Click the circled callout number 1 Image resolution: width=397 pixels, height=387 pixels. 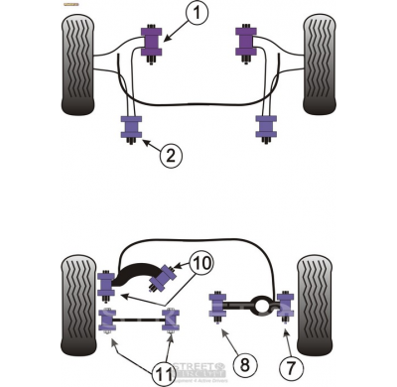pyautogui.click(x=198, y=14)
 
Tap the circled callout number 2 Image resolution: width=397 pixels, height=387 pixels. pyautogui.click(x=171, y=154)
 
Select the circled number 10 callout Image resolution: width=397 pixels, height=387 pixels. pyautogui.click(x=200, y=263)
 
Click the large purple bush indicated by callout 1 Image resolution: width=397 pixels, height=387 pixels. pyautogui.click(x=152, y=43)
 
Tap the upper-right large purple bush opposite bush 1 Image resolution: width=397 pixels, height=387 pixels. pyautogui.click(x=245, y=43)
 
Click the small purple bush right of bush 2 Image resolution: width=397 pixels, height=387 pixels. pyautogui.click(x=265, y=127)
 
